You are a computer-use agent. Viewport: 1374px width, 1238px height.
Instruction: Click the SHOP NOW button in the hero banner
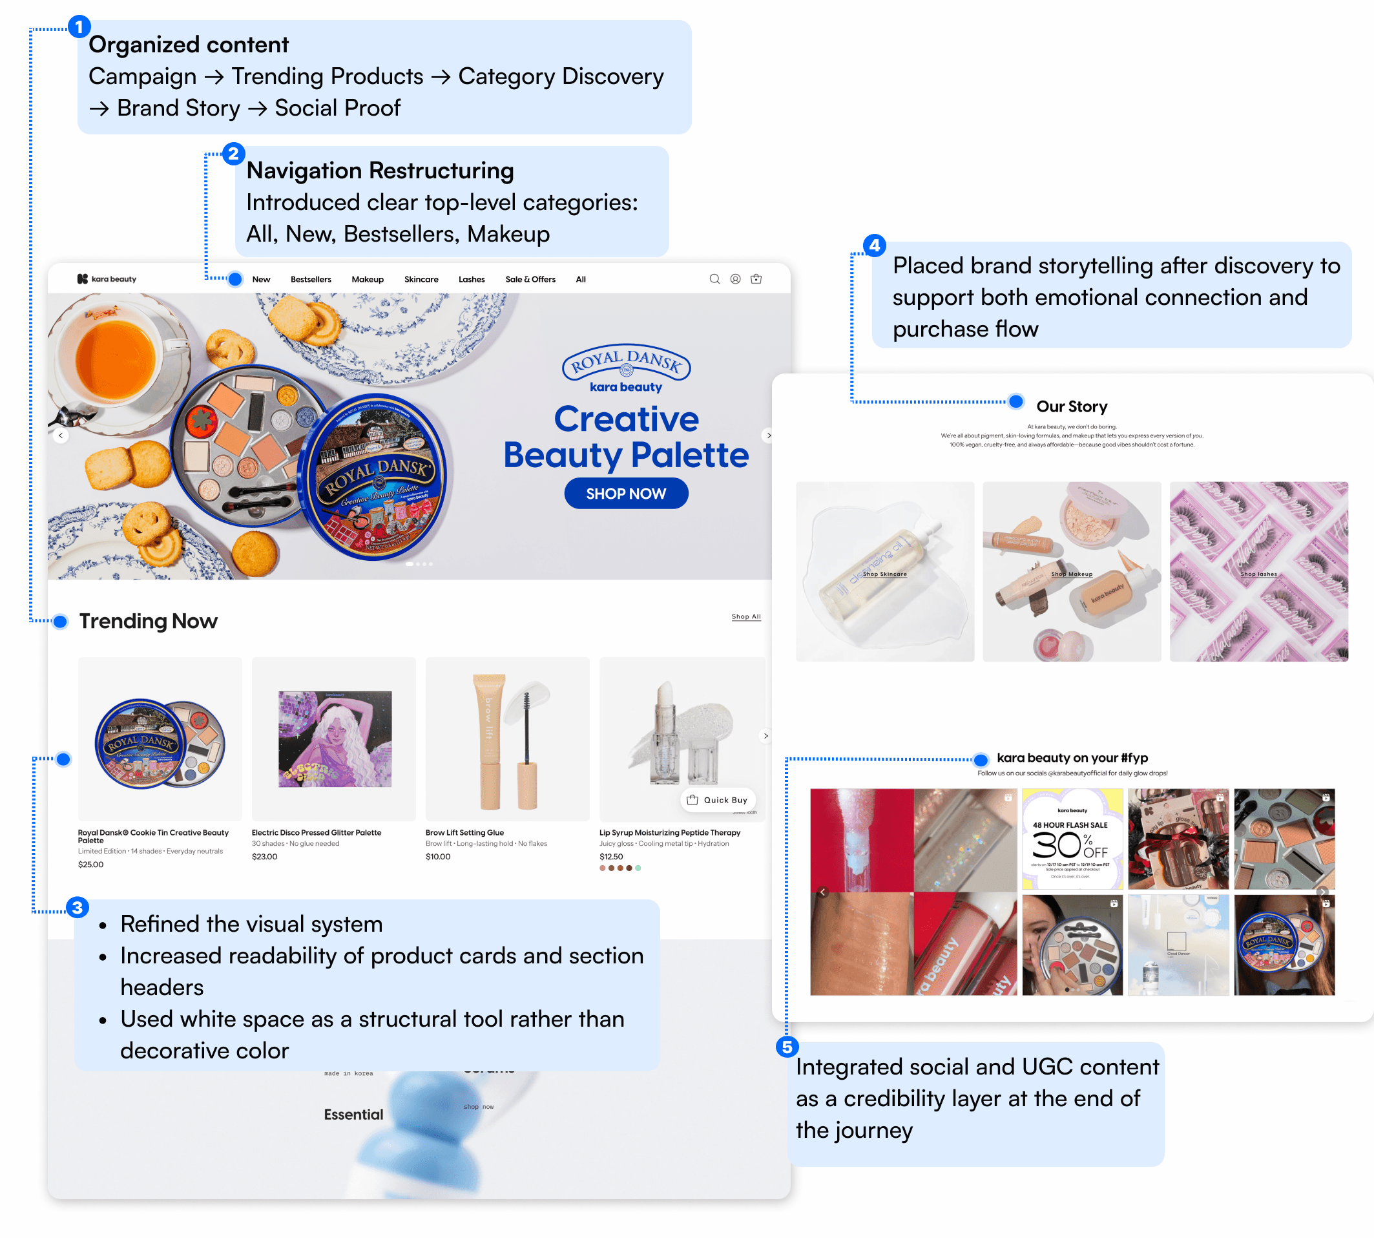[x=626, y=493]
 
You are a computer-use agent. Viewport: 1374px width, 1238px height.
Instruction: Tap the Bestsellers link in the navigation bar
[x=311, y=279]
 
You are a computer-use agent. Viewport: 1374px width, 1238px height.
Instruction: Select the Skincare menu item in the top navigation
[x=421, y=279]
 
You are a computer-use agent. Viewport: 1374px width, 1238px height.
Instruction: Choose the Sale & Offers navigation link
[x=530, y=279]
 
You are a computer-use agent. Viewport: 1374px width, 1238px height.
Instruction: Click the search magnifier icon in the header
[x=714, y=279]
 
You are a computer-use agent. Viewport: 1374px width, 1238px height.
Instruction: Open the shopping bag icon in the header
[x=756, y=279]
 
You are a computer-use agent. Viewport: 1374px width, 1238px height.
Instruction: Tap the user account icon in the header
[x=735, y=279]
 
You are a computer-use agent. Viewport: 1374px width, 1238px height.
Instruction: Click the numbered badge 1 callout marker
[x=79, y=26]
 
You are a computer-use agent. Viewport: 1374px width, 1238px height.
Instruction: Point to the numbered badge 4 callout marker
[x=874, y=245]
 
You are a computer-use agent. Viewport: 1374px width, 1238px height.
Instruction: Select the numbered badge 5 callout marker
[x=787, y=1046]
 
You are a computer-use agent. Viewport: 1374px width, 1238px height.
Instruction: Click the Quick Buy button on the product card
[x=718, y=800]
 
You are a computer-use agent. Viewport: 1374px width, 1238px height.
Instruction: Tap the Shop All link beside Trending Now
[x=745, y=616]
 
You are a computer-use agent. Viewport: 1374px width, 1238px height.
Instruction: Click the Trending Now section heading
[x=149, y=620]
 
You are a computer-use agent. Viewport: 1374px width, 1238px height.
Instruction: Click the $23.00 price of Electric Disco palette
[x=265, y=856]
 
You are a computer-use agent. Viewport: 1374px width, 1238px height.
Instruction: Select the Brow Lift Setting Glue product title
[x=464, y=832]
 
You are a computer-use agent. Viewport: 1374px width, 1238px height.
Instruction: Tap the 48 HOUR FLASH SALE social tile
[x=1072, y=839]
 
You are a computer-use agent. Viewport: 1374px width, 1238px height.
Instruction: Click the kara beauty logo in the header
[x=107, y=279]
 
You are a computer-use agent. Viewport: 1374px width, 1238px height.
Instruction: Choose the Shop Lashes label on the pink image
[x=1258, y=574]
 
